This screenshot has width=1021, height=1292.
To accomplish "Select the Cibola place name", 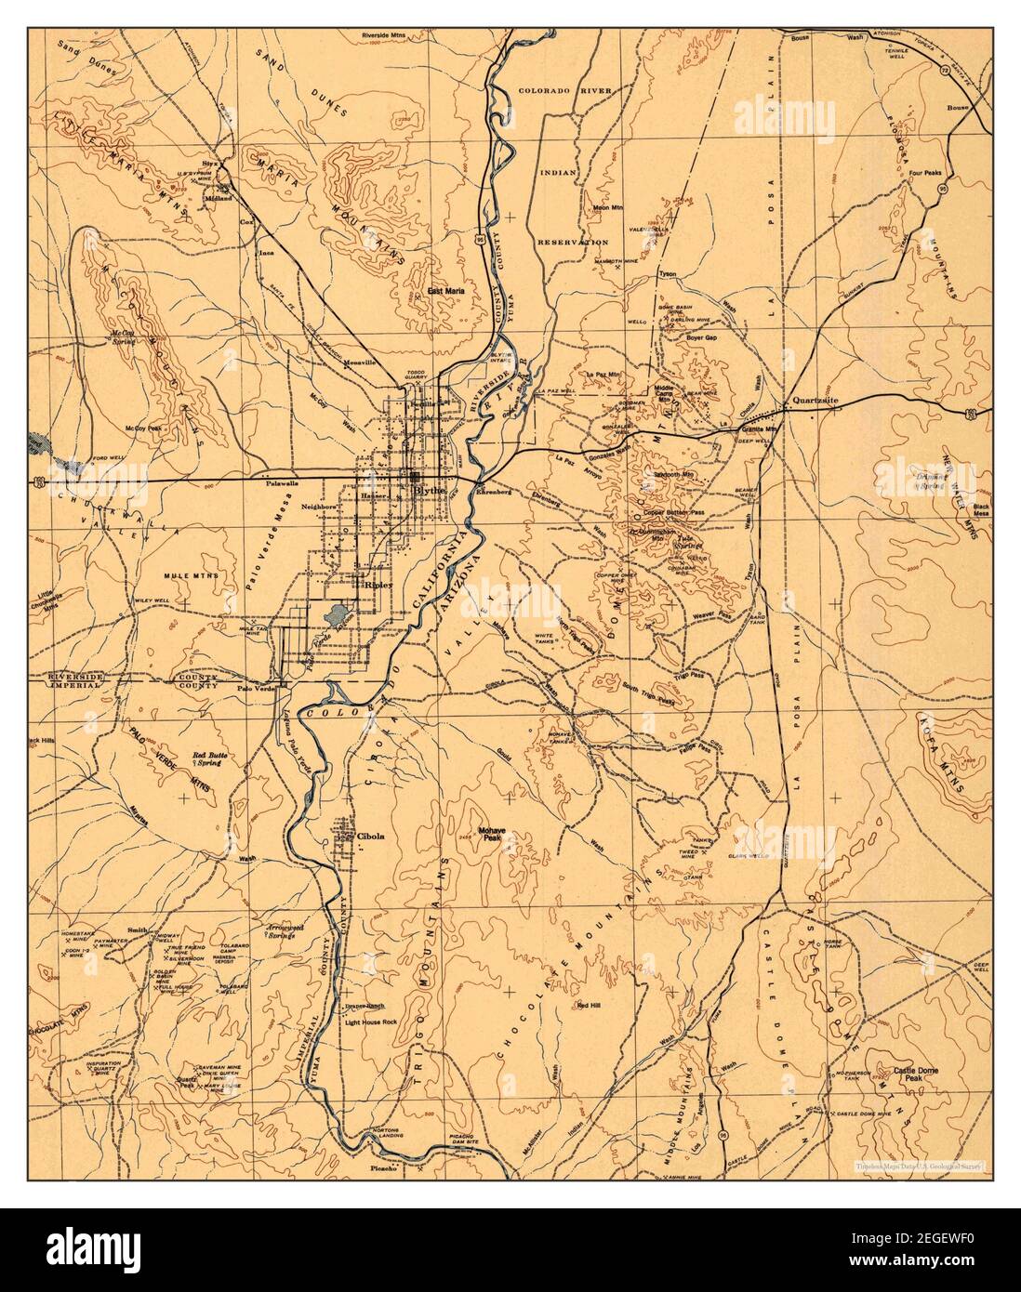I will (370, 836).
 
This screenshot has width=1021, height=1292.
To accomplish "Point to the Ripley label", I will (378, 587).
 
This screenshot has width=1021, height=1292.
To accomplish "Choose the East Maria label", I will (445, 291).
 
